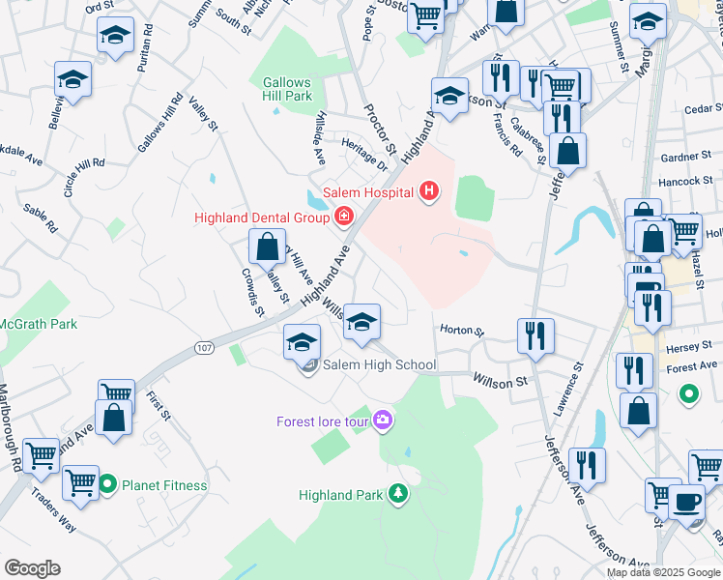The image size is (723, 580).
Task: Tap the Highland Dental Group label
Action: tap(262, 217)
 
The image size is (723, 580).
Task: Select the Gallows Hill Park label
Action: tap(287, 90)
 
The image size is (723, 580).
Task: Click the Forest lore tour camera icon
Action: tap(384, 420)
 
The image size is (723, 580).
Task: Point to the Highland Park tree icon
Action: tap(397, 494)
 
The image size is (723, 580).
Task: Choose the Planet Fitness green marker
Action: tap(107, 484)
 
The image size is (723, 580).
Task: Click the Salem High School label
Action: tap(379, 364)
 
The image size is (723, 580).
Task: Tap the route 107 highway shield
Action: tap(203, 348)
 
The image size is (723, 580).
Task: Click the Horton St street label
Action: tap(461, 330)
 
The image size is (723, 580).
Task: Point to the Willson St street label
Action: tap(500, 381)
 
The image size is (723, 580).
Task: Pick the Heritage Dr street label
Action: tap(363, 154)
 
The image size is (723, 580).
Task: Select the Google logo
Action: tap(32, 568)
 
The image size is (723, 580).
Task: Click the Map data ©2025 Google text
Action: tap(663, 572)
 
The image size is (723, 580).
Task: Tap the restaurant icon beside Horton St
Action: tap(535, 335)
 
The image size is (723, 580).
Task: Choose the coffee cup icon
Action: tap(687, 502)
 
